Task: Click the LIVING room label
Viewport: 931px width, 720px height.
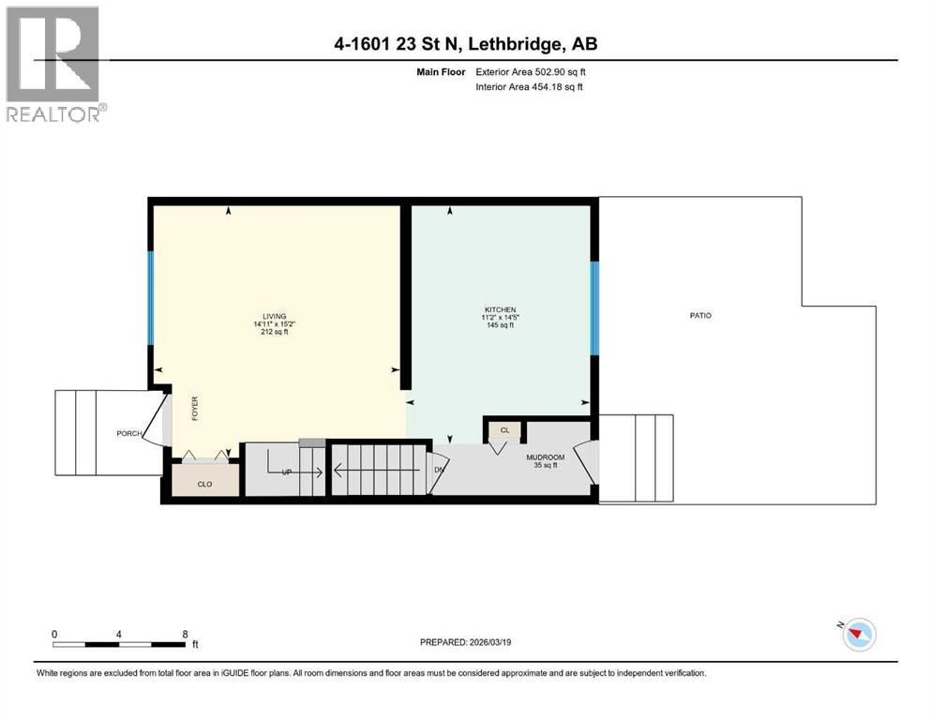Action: [x=275, y=316]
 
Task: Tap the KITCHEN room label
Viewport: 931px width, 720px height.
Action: [x=500, y=310]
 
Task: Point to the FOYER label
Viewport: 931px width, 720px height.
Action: [x=196, y=409]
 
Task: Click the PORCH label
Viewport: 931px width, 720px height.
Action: [x=128, y=434]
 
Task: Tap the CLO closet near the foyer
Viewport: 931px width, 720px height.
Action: [x=206, y=486]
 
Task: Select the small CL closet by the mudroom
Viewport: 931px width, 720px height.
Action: [x=504, y=430]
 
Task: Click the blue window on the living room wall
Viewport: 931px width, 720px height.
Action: [x=150, y=298]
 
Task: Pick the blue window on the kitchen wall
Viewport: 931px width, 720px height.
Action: [x=593, y=307]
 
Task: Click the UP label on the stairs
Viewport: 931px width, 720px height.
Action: [x=287, y=472]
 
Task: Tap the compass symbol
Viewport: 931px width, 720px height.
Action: [x=857, y=635]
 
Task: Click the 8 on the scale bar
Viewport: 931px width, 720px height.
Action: [x=184, y=634]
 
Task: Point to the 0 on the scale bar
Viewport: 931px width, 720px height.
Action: [x=55, y=634]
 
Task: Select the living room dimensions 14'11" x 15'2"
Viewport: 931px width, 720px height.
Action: [x=274, y=324]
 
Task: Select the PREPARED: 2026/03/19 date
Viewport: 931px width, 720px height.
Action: [x=468, y=642]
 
